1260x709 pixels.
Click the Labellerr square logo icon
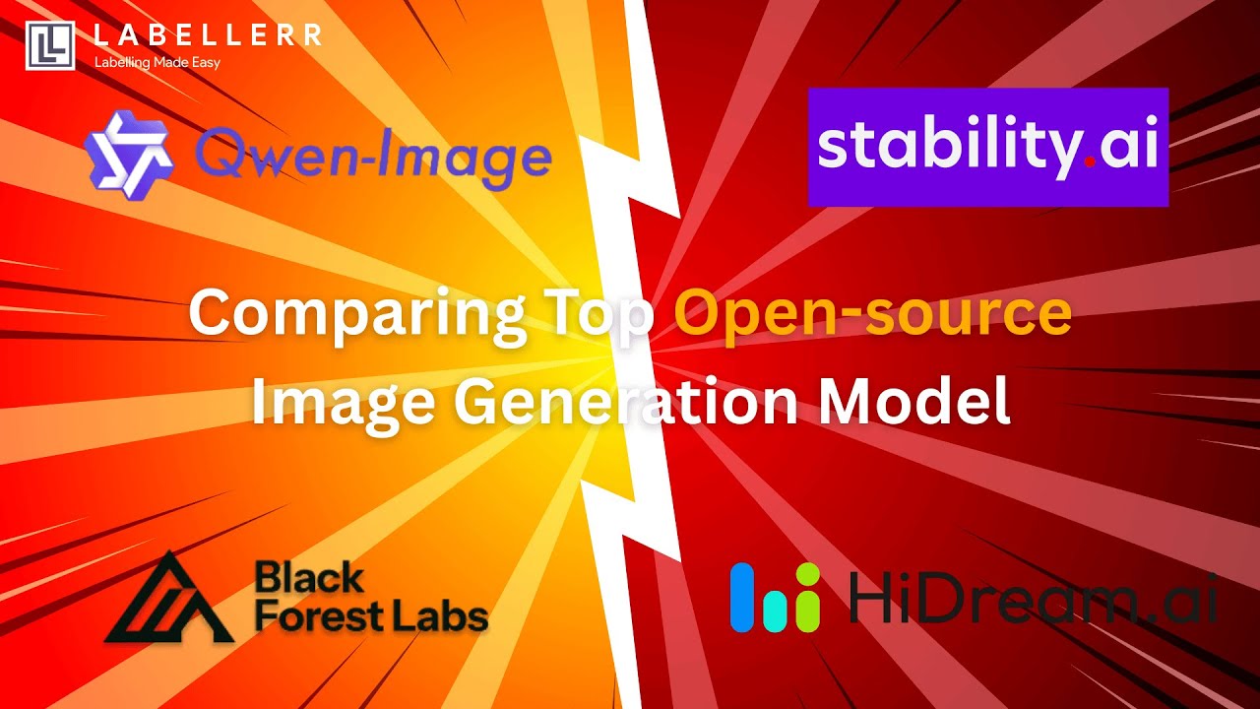pyautogui.click(x=50, y=45)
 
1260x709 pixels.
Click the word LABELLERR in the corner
pyautogui.click(x=207, y=35)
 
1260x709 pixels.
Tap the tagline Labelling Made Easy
pyautogui.click(x=157, y=62)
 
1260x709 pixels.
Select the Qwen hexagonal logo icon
pyautogui.click(x=129, y=150)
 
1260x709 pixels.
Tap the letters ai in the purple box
pyautogui.click(x=1126, y=146)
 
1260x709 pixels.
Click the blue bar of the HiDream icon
pyautogui.click(x=741, y=597)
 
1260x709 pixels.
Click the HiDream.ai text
pyautogui.click(x=1034, y=597)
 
